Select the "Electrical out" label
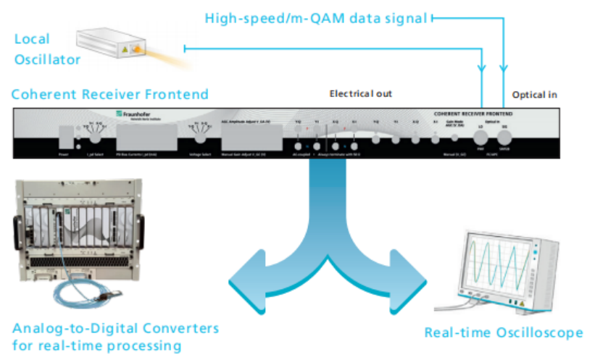[361, 94]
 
